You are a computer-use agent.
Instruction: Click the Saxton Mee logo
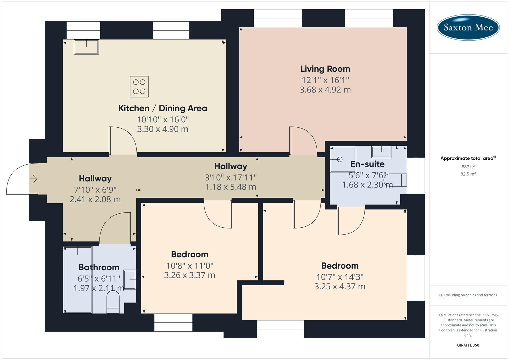point(468,27)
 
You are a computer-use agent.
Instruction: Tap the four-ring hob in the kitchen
point(139,87)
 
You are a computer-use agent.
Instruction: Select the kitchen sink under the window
point(86,47)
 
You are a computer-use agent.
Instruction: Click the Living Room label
point(325,69)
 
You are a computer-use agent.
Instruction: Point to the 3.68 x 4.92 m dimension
point(325,90)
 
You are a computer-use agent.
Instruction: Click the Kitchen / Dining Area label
point(163,108)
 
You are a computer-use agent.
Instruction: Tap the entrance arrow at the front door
point(34,179)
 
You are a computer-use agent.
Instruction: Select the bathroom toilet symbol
point(113,302)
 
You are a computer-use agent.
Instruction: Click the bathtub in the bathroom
point(78,280)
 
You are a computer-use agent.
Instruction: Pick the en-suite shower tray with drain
point(342,159)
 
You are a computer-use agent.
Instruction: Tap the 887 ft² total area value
point(468,167)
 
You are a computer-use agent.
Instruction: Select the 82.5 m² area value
point(468,174)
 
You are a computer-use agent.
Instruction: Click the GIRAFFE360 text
point(468,345)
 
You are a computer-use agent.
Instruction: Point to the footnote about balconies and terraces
point(468,295)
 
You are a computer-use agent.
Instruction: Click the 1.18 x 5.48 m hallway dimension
point(230,187)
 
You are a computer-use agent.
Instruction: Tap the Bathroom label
point(99,267)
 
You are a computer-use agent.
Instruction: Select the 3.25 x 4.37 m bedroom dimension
point(340,287)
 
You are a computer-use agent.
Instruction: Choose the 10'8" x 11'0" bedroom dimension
point(190,266)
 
